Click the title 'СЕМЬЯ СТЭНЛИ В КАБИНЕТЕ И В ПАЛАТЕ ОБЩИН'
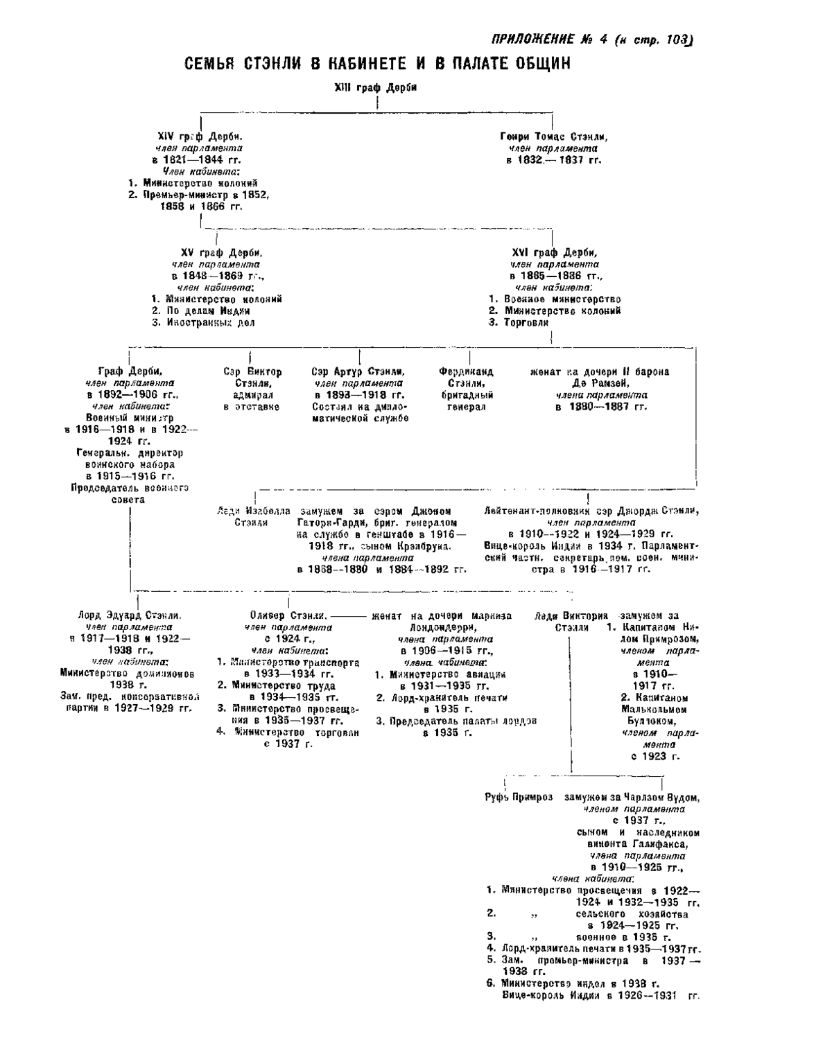377,64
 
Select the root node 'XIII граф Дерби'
376,87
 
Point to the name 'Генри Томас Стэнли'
549,137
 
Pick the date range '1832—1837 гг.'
553,160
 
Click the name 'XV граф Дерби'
216,253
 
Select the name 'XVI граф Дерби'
554,253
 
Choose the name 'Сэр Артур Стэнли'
358,371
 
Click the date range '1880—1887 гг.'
601,406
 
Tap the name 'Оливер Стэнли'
288,615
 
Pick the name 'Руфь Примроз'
519,797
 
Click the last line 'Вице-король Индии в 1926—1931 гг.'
600,995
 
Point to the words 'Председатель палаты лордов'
462,721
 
